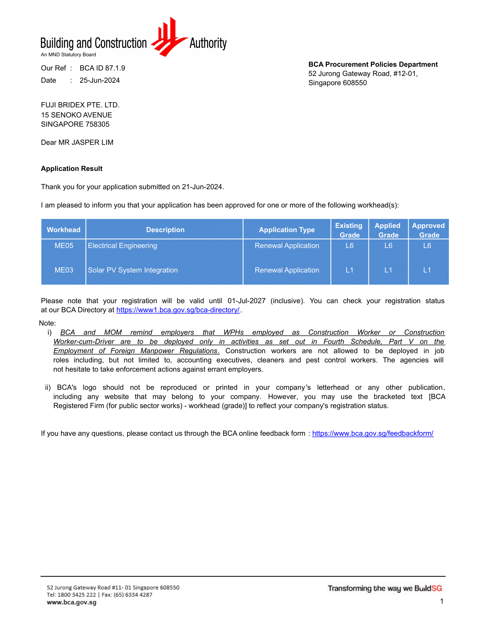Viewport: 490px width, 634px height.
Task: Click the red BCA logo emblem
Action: [x=169, y=37]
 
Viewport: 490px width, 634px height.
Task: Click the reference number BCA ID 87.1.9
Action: [x=102, y=68]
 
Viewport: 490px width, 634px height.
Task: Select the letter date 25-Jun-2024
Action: [x=99, y=80]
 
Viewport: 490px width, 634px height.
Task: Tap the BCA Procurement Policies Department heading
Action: [x=373, y=64]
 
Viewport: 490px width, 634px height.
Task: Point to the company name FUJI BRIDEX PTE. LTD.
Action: [x=80, y=105]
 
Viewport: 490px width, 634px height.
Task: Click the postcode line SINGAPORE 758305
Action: [x=75, y=124]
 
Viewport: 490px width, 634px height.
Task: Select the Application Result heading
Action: [x=72, y=169]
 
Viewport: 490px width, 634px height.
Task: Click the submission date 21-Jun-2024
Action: [x=202, y=187]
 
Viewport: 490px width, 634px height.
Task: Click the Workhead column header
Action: [x=64, y=230]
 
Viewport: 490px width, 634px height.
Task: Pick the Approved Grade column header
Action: [x=428, y=230]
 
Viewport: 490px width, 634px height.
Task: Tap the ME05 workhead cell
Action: [x=64, y=246]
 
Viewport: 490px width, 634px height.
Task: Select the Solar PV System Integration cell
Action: [x=133, y=270]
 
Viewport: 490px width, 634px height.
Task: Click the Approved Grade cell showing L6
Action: [x=427, y=246]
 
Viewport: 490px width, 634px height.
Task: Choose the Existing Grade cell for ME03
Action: [x=350, y=270]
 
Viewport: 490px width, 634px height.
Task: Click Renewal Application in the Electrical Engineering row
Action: [x=287, y=246]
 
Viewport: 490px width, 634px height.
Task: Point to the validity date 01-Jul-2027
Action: [x=246, y=301]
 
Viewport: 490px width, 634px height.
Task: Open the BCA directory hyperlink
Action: [x=178, y=310]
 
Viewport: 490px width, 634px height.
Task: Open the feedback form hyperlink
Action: [x=373, y=433]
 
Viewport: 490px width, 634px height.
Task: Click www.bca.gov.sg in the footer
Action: [x=71, y=602]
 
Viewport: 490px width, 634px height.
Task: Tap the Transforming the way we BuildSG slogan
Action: [x=385, y=588]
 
